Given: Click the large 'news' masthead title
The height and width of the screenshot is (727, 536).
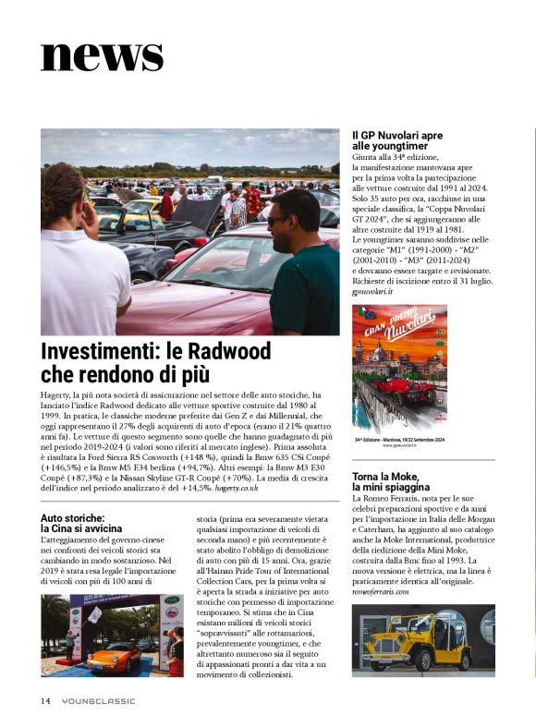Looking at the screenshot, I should pos(102,55).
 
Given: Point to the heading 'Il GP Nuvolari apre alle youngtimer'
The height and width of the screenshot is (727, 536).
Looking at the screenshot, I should pos(397,140).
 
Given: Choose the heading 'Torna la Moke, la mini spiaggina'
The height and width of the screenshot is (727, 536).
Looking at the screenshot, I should pos(391,481).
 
